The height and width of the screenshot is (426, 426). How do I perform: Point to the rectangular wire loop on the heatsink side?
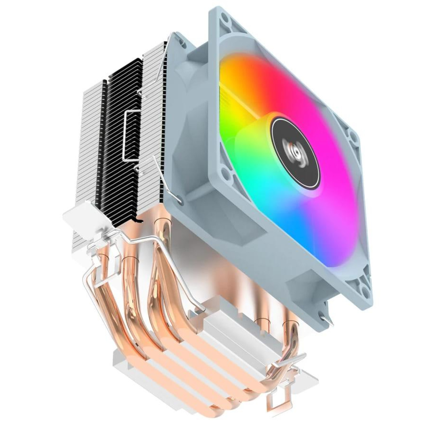point(131,134)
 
